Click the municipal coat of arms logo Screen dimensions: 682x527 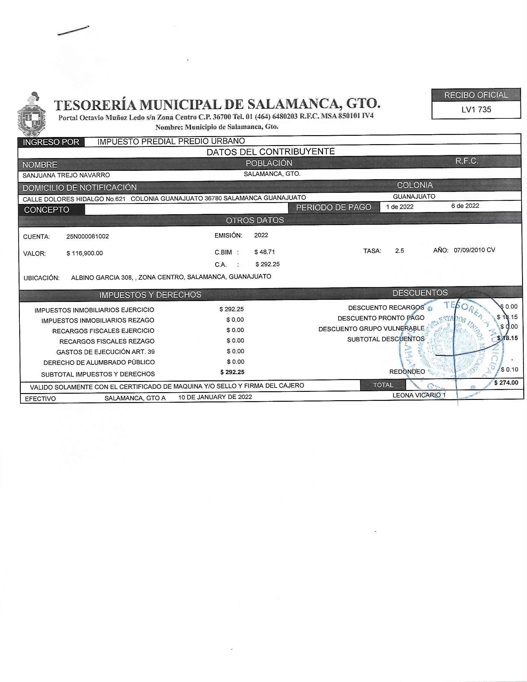[32, 115]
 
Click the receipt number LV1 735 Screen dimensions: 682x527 [476, 109]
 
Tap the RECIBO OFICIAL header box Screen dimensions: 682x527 [476, 95]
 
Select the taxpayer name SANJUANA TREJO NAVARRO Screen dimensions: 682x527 [66, 175]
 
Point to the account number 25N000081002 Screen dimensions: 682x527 [88, 237]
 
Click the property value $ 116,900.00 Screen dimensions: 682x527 [85, 253]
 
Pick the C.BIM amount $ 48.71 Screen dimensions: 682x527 [265, 252]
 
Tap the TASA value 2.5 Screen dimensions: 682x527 [400, 251]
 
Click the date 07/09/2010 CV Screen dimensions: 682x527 [474, 250]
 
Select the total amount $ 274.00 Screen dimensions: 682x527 [506, 383]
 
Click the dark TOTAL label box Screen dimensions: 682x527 [383, 385]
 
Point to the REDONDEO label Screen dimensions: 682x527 [407, 372]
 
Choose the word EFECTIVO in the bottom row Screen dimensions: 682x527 [41, 399]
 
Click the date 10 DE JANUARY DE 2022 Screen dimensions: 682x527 [215, 397]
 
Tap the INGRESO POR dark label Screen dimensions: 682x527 [51, 142]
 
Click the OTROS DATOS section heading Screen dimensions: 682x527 [255, 220]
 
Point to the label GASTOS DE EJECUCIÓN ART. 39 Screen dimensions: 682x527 [105, 352]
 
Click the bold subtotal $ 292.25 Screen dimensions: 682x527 [232, 372]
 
